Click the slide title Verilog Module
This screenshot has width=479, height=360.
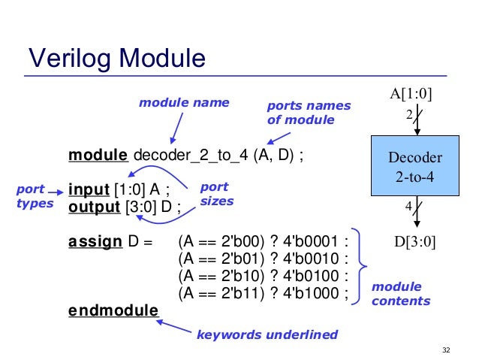click(116, 57)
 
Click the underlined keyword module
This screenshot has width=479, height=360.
click(97, 156)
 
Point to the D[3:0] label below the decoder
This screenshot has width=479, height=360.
click(414, 242)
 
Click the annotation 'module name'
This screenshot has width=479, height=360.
click(184, 102)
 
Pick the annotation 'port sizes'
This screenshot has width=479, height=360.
click(217, 194)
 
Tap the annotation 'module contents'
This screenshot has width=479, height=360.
click(400, 294)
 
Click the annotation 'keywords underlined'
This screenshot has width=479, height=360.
click(267, 334)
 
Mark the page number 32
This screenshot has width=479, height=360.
click(447, 350)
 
